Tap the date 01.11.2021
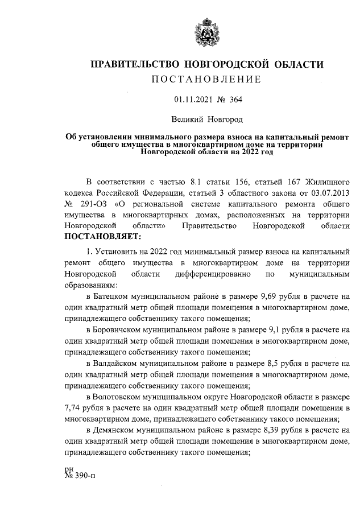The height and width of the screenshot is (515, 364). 193,100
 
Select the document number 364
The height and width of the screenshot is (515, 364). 235,100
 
